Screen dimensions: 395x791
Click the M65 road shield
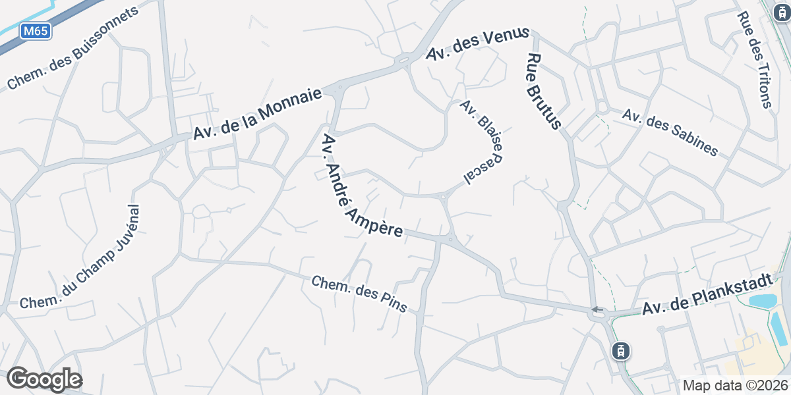pos(36,30)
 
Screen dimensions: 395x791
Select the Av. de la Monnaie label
pos(258,114)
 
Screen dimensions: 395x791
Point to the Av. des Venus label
pos(478,44)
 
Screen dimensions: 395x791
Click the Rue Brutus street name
pos(544,91)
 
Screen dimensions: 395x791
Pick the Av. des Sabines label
pos(670,132)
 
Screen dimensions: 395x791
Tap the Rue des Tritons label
pos(754,59)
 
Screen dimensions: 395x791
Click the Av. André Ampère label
pos(362,186)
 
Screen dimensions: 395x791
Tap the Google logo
pos(44,380)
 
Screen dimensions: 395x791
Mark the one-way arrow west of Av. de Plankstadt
pos(597,309)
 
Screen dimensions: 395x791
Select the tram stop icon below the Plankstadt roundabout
pos(620,351)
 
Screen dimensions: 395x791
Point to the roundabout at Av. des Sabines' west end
pos(601,105)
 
